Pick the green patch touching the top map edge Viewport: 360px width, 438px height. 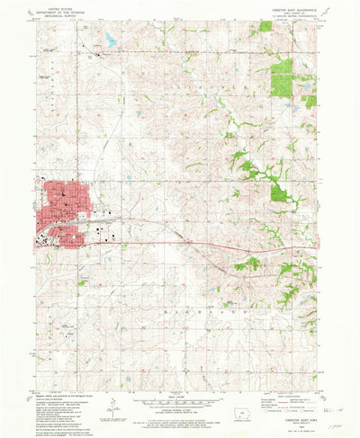[x=265, y=26]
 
